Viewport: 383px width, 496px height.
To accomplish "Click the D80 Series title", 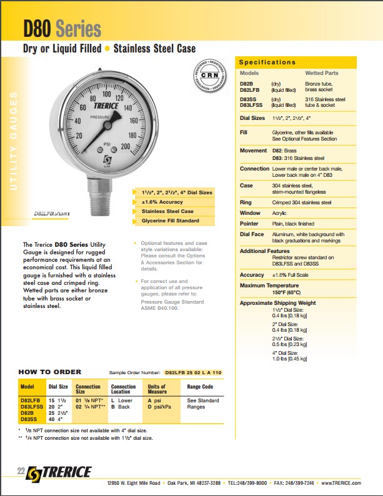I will (62, 28).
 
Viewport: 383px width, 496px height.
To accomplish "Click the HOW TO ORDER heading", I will (50, 371).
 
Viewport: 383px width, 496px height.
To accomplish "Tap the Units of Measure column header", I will (157, 389).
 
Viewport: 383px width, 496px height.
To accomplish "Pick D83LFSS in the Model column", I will (32, 407).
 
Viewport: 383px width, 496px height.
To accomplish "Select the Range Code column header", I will (200, 387).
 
